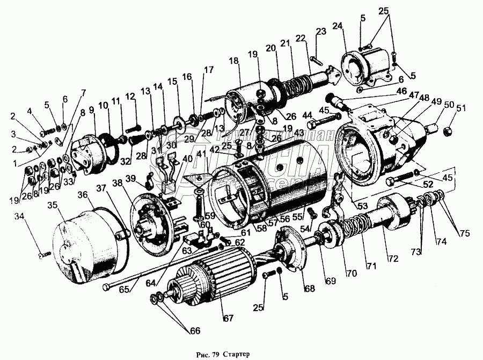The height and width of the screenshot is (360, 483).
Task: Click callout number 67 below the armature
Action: tap(229, 318)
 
